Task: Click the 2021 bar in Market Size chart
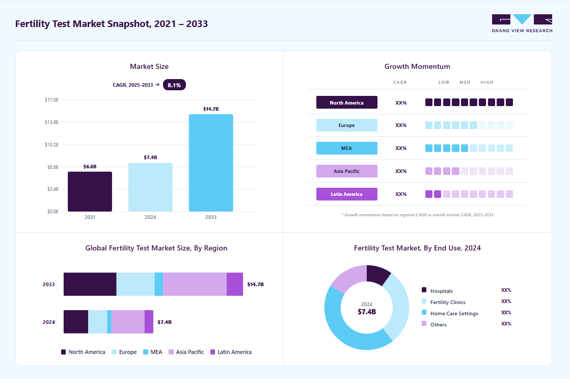tap(90, 191)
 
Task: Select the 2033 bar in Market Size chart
tap(211, 163)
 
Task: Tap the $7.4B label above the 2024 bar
tap(150, 157)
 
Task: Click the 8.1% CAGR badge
tap(174, 85)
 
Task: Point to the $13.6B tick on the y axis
tap(51, 122)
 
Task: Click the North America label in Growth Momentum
tap(347, 103)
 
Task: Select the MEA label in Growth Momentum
tap(347, 148)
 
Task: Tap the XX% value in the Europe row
tap(401, 125)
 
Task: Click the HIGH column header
tap(487, 82)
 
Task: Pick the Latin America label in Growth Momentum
tap(347, 194)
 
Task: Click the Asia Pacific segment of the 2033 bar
tap(195, 284)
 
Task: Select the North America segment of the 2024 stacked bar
tap(76, 322)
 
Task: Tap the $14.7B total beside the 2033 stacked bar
tap(256, 284)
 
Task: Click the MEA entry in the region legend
tap(153, 352)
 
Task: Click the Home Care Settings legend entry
tap(450, 313)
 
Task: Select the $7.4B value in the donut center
tap(367, 312)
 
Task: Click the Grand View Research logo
tap(522, 23)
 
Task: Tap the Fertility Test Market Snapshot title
tap(112, 24)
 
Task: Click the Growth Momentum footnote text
tap(417, 215)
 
